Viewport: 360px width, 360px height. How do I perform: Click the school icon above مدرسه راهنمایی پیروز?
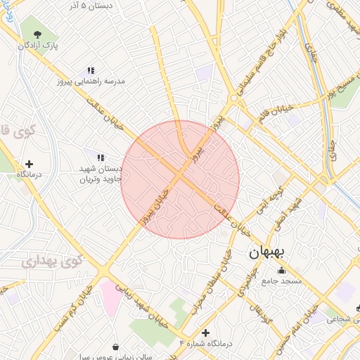(x=91, y=70)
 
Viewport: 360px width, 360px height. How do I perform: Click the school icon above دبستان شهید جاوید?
(x=101, y=157)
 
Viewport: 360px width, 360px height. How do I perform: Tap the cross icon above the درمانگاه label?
(x=29, y=164)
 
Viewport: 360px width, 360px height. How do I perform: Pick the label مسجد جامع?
(x=282, y=281)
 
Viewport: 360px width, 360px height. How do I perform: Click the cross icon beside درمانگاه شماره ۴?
(x=205, y=333)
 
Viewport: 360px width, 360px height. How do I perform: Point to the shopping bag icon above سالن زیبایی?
(x=115, y=347)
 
